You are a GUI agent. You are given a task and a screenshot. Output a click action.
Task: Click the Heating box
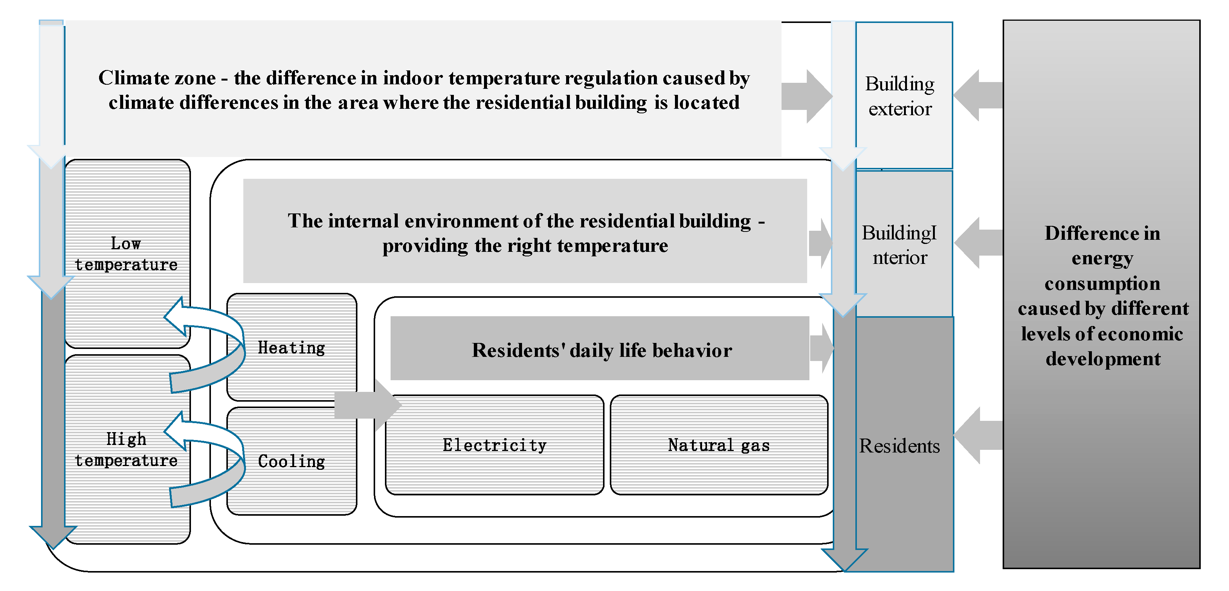coord(292,347)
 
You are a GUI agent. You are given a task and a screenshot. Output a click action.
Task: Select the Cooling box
coord(292,461)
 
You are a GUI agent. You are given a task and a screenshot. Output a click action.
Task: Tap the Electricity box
coord(494,445)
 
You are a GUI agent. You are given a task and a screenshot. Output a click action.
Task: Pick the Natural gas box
coord(719,445)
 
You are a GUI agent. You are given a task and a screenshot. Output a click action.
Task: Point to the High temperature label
coord(126,449)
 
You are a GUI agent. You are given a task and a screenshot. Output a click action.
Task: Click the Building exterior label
coord(900,96)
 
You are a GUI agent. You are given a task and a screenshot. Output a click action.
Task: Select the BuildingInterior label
coord(899,245)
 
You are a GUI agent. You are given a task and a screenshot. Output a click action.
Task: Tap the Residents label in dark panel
coord(899,446)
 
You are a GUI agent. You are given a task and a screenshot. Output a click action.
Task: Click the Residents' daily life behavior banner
coord(601,350)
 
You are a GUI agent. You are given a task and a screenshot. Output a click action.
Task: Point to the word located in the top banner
coord(706,102)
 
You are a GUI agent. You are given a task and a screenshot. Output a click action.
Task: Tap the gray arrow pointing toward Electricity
coord(367,405)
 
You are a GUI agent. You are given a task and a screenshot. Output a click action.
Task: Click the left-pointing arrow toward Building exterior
coord(977,95)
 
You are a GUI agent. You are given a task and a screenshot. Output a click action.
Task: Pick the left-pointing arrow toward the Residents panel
coord(977,436)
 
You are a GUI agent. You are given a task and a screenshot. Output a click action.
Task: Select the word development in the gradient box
coord(1102,359)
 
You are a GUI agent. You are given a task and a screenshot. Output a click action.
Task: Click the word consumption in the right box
coord(1102,284)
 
